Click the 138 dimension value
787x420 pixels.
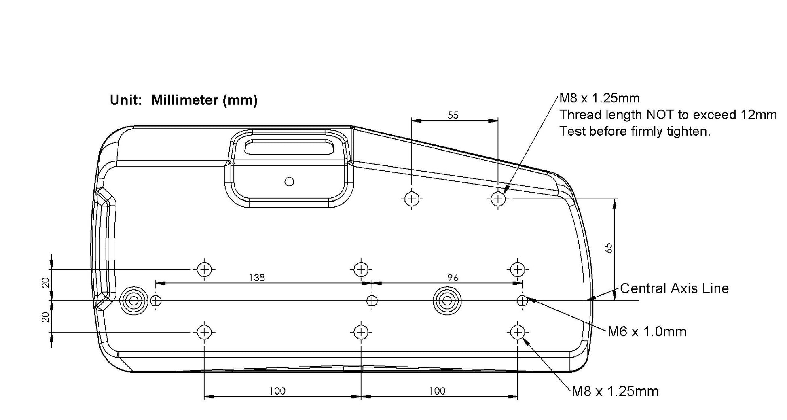257,278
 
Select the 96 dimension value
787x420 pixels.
453,278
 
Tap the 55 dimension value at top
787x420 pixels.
453,115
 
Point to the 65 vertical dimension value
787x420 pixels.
609,248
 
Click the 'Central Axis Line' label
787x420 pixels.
674,288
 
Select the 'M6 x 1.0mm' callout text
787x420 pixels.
647,332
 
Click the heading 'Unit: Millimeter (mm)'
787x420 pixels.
184,100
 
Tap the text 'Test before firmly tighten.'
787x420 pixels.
635,131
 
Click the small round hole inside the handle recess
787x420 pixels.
289,181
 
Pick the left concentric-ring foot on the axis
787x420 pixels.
133,301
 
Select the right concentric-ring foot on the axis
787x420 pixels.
447,301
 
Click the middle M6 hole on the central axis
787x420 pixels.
372,301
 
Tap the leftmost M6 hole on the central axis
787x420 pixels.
156,301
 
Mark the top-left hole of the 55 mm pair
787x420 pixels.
412,199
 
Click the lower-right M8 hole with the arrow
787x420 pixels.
518,332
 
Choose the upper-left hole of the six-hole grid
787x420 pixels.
204,269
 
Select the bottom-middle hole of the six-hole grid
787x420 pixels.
361,332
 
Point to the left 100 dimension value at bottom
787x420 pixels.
277,391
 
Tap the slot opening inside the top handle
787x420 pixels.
289,147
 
